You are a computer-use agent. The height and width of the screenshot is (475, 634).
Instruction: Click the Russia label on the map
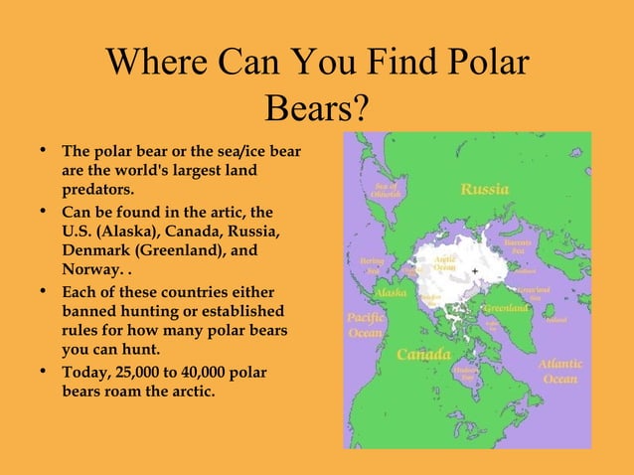[485, 189]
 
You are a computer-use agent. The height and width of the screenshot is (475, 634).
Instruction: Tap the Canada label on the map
[424, 355]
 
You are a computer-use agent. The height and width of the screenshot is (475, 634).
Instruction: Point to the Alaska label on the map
[391, 293]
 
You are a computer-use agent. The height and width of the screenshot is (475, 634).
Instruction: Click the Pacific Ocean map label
[365, 325]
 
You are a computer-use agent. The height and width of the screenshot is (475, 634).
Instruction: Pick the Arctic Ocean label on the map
[444, 263]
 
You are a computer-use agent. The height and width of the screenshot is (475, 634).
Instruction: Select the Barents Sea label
[518, 246]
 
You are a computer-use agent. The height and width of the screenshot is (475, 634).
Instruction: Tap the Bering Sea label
[372, 265]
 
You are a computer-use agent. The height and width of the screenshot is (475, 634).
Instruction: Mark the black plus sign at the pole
[475, 270]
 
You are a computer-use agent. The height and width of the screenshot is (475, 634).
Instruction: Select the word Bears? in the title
[317, 105]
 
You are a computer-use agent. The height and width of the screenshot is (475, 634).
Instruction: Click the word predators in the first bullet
[96, 189]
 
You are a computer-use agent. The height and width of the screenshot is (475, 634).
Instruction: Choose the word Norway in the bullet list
[88, 269]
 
